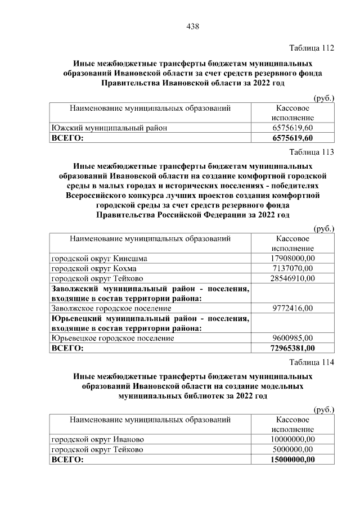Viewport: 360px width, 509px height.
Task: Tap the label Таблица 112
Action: [312, 48]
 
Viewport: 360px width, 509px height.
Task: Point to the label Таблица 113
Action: [312, 152]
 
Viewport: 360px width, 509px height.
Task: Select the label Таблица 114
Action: [312, 362]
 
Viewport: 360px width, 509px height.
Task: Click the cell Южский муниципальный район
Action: [109, 128]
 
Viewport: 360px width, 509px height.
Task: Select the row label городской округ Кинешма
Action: [100, 258]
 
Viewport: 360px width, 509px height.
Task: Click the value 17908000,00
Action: [292, 258]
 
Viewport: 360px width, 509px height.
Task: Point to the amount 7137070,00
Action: [292, 268]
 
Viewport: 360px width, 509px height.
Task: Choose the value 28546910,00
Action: [292, 278]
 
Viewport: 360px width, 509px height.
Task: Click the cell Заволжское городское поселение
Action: [111, 308]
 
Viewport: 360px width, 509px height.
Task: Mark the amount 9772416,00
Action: [292, 308]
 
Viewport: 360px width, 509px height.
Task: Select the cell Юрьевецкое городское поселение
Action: [112, 339]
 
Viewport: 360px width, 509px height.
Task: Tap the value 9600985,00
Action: [292, 339]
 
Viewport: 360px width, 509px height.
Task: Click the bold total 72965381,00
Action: [292, 349]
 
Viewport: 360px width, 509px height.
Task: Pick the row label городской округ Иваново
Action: [98, 439]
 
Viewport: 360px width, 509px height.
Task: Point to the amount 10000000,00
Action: [292, 439]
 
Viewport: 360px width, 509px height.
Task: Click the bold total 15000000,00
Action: [292, 460]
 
